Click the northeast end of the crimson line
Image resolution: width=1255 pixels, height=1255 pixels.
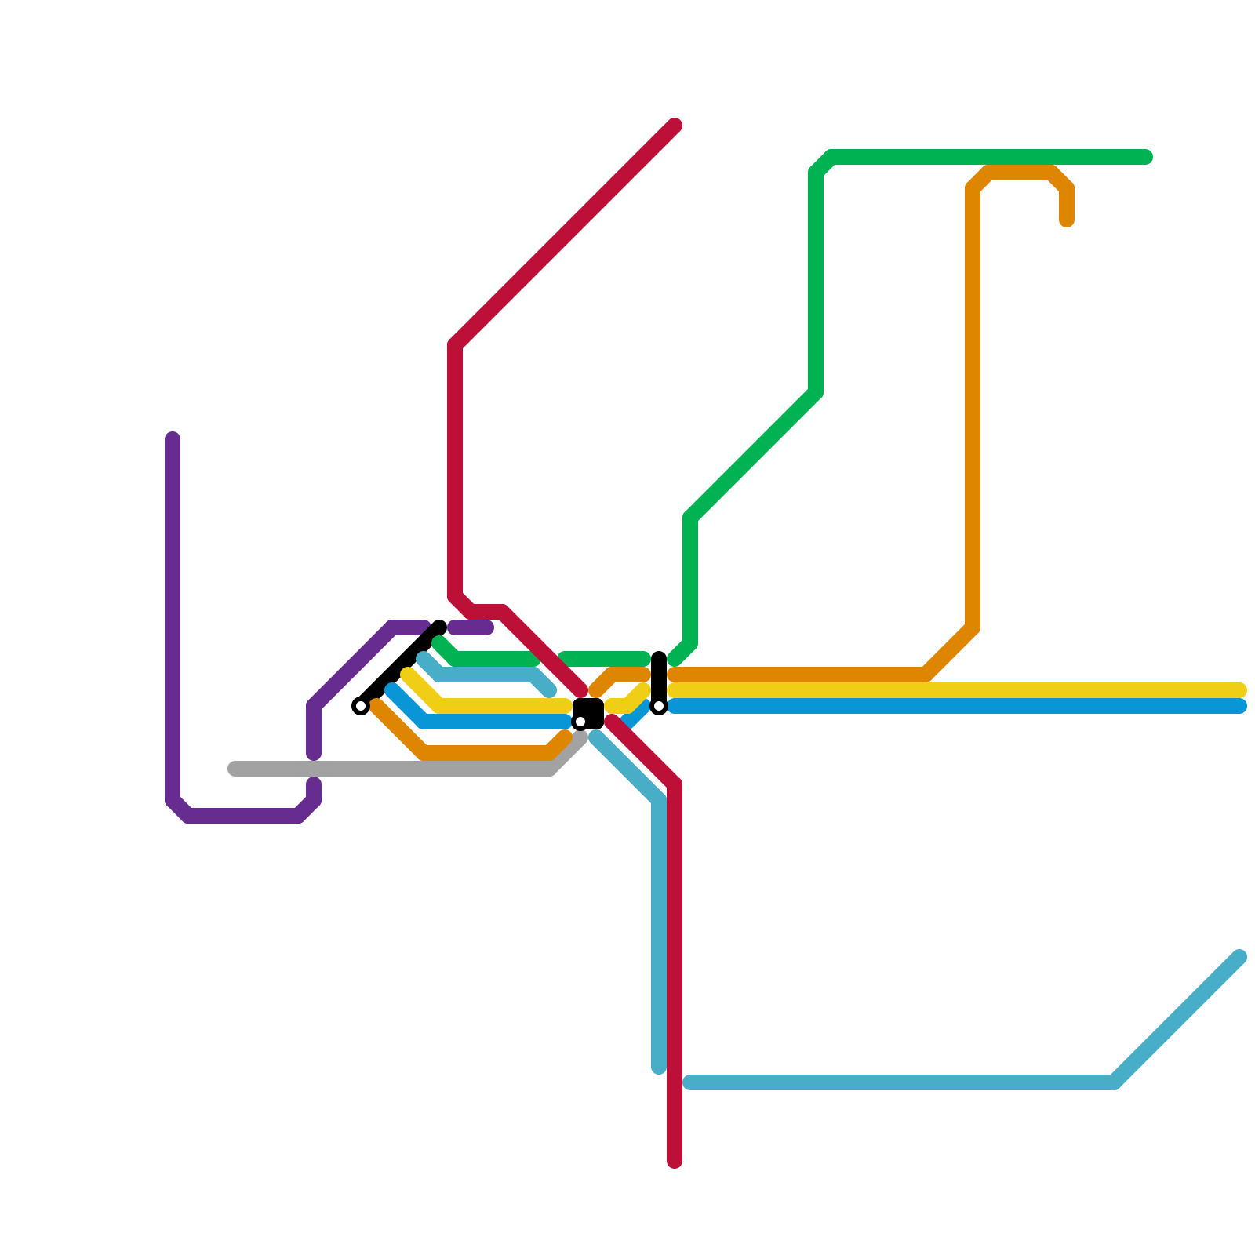[675, 125]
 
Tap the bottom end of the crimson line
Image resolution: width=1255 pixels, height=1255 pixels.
[675, 1162]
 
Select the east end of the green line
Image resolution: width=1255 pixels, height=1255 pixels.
[1147, 158]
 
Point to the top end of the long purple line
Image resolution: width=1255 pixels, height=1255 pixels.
[173, 438]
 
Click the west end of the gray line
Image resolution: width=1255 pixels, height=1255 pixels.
[234, 769]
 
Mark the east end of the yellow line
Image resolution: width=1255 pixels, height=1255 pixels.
[1241, 690]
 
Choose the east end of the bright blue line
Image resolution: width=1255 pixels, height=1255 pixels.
[1241, 706]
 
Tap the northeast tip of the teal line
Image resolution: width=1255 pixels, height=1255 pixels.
[1241, 956]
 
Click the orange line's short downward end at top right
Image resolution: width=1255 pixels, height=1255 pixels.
[1067, 221]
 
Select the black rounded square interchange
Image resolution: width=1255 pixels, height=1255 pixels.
[588, 714]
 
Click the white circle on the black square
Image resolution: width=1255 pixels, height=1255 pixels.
[580, 722]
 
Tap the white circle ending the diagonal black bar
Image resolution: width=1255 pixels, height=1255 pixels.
[361, 706]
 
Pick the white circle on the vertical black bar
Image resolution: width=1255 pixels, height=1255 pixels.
[659, 706]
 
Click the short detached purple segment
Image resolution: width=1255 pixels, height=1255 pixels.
[471, 627]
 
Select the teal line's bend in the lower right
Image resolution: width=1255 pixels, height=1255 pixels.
[1115, 1083]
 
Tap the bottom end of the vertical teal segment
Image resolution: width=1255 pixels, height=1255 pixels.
[659, 1068]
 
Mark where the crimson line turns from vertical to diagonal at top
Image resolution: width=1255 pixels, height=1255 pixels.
[455, 345]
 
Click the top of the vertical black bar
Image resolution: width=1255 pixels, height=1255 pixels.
[659, 657]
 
